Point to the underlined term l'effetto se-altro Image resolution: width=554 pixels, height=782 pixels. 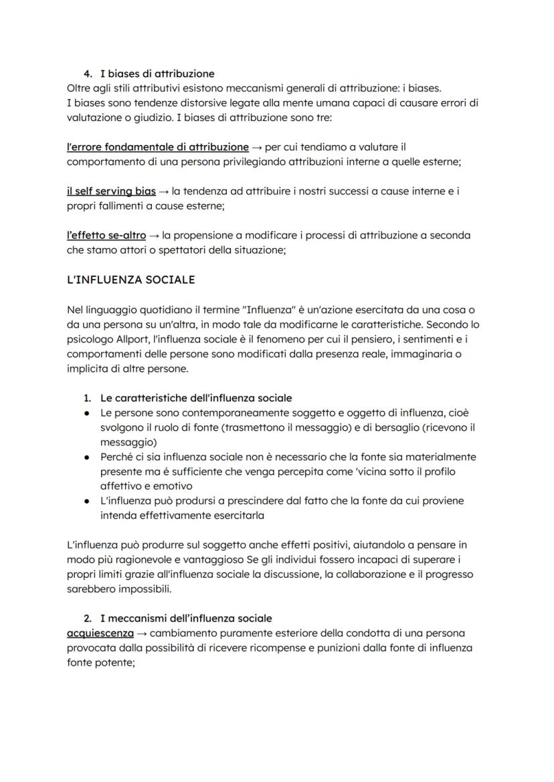coord(107,235)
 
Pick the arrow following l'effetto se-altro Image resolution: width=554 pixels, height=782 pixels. coord(155,236)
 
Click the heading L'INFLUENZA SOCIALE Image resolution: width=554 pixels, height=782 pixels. coord(131,280)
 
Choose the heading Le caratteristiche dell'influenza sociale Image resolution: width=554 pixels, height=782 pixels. coord(196,398)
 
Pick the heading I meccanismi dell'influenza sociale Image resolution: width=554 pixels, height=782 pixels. coord(186,618)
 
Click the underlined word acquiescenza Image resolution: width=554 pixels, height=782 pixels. coord(100,633)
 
